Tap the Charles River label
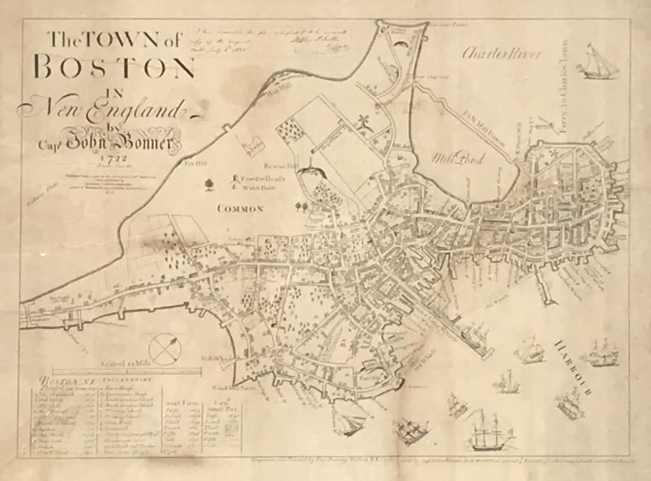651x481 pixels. click(502, 53)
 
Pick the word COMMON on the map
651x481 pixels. click(240, 209)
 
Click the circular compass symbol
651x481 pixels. click(165, 349)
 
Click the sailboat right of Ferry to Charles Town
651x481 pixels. click(599, 63)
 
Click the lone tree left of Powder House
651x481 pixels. click(209, 185)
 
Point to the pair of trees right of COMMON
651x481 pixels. click(301, 206)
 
